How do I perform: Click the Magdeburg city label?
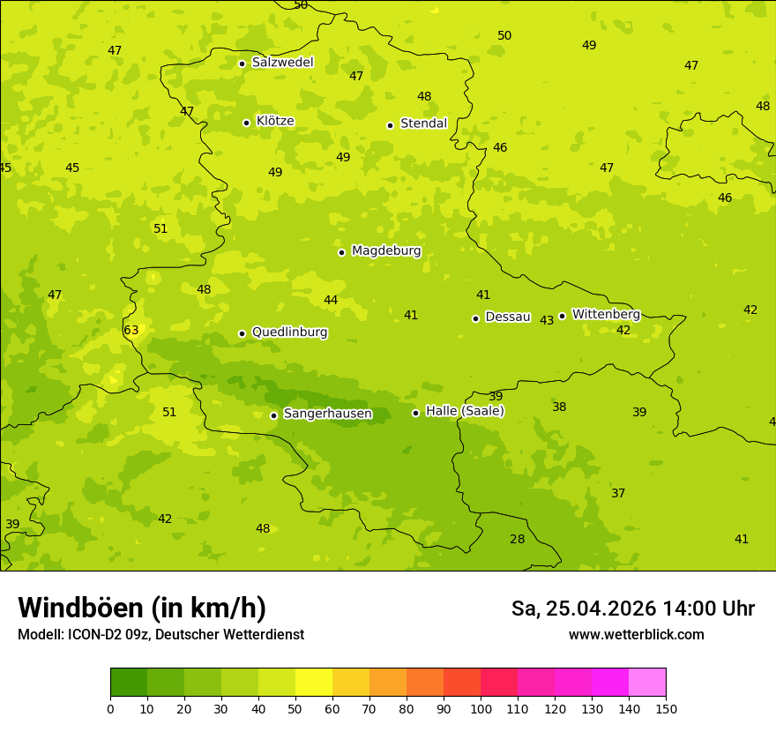[x=386, y=251]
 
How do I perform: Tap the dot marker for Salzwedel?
[x=242, y=63]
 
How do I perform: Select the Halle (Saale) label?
[x=465, y=411]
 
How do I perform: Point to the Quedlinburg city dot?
[x=242, y=333]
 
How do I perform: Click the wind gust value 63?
[x=131, y=331]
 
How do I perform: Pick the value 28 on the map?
[x=517, y=540]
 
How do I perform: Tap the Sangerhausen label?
[x=327, y=414]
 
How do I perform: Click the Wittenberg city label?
[x=606, y=315]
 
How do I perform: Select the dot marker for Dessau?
[x=475, y=318]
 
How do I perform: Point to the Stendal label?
[x=423, y=123]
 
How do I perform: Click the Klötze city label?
[x=275, y=121]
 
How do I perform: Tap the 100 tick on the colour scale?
[x=481, y=708]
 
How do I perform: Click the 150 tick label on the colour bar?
[x=666, y=708]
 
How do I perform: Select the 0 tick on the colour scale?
[x=110, y=708]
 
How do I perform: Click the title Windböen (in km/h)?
[x=142, y=608]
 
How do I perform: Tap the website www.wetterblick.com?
[x=636, y=635]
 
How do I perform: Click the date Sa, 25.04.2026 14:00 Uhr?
[x=632, y=609]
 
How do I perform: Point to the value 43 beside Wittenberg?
[x=547, y=320]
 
